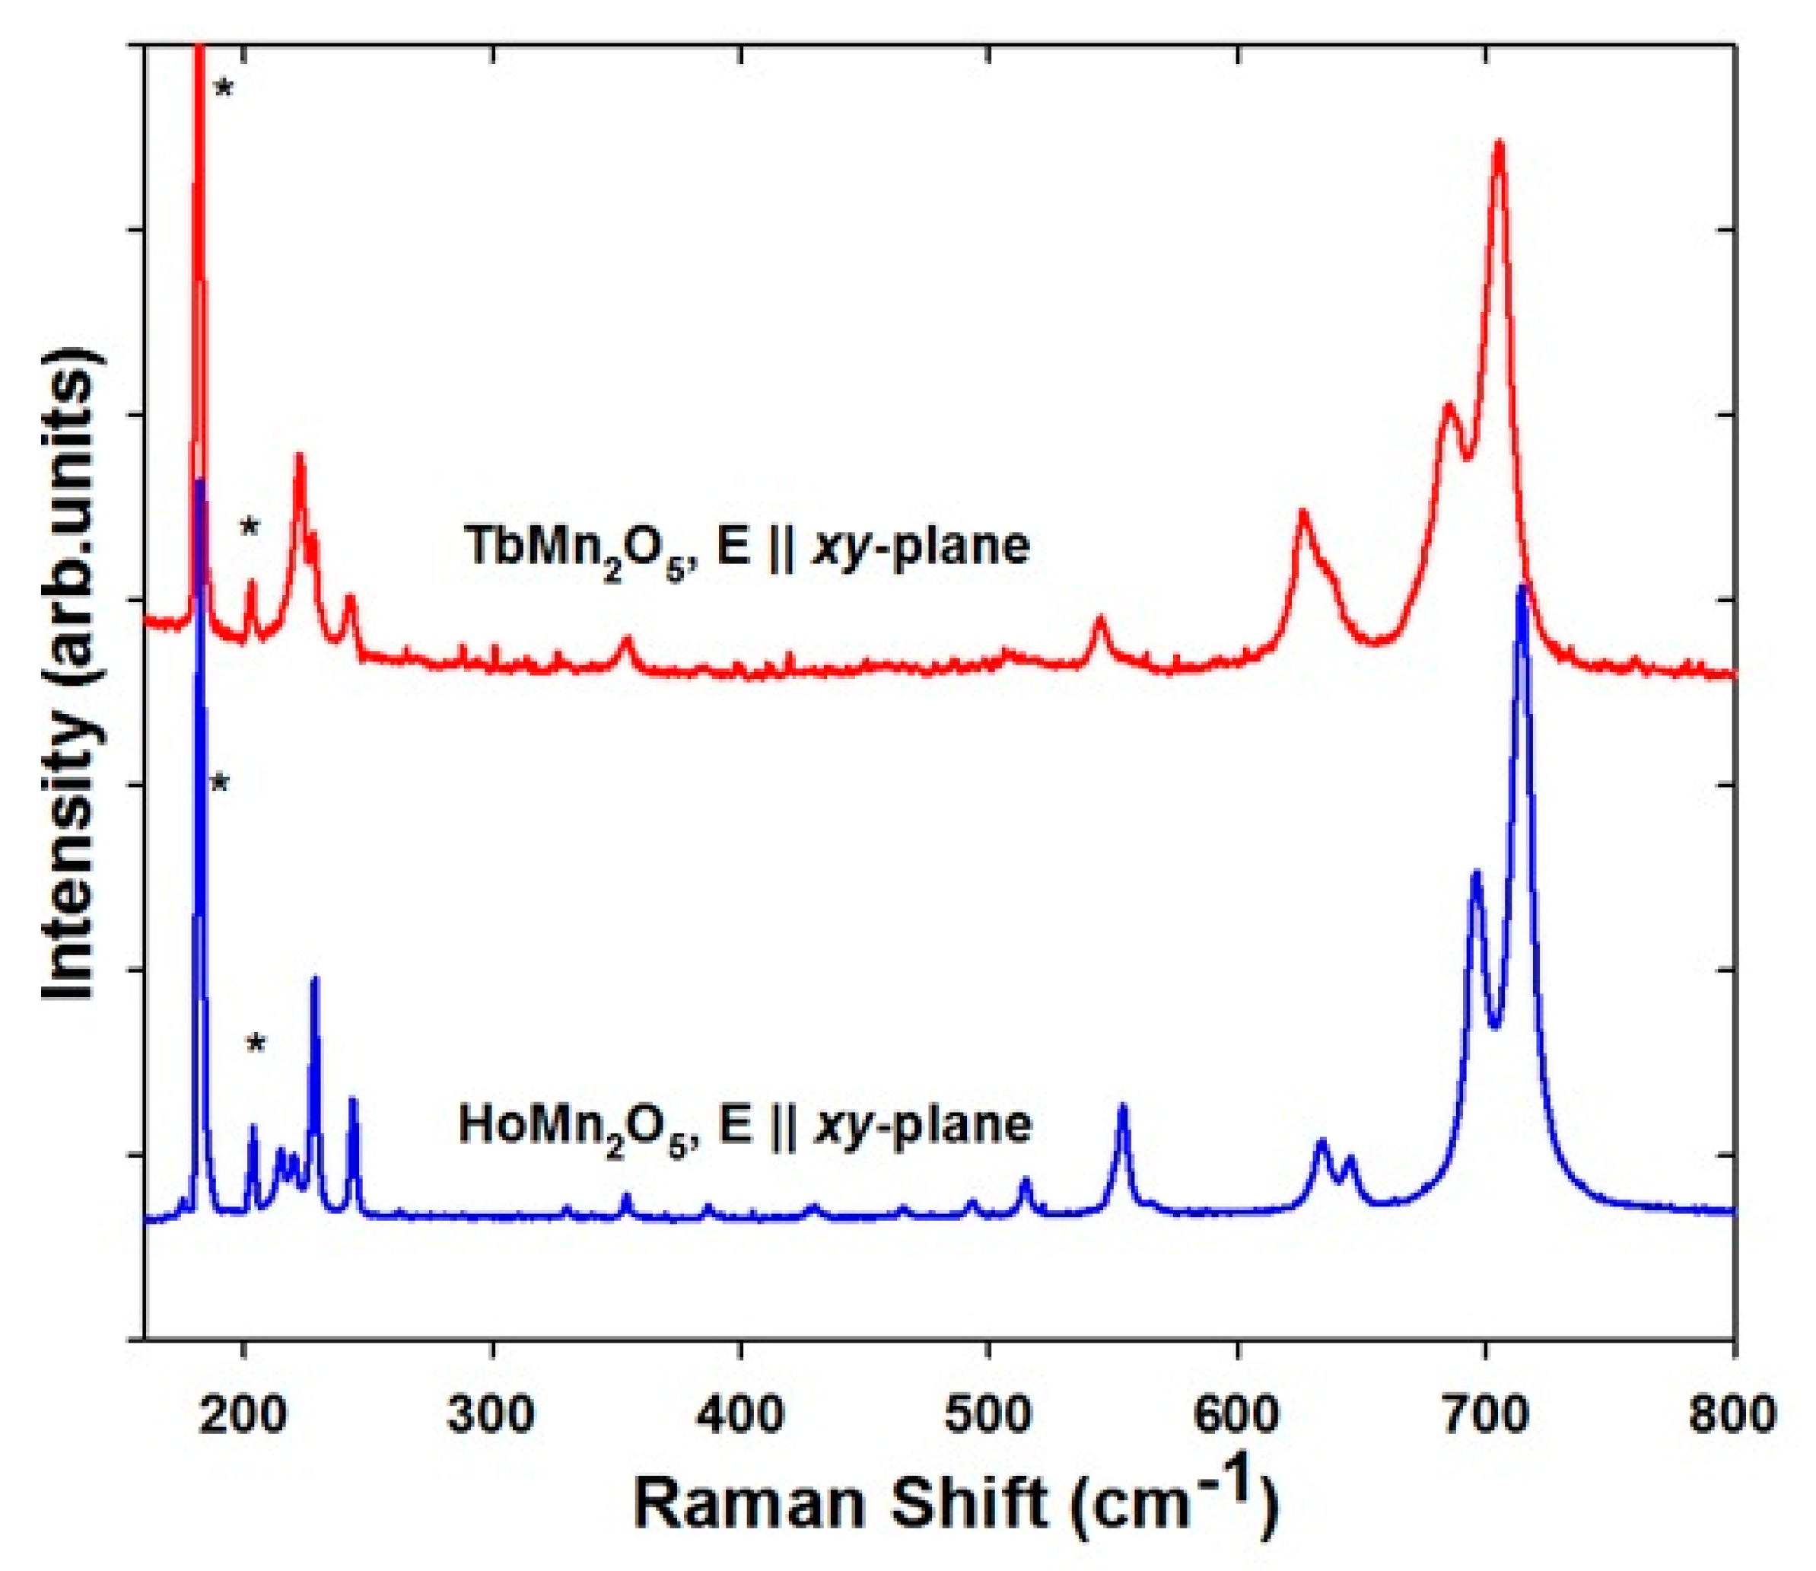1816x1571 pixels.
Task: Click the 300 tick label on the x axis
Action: tap(491, 1416)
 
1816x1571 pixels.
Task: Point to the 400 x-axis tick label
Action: tap(740, 1416)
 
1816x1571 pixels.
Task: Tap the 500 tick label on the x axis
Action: tap(990, 1416)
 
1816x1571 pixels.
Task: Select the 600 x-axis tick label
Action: tap(1238, 1416)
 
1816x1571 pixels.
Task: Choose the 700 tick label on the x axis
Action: tap(1487, 1416)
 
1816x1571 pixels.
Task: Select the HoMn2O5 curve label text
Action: tap(745, 1126)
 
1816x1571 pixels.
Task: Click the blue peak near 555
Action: tap(1123, 1107)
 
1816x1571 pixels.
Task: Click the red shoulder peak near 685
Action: tap(1448, 404)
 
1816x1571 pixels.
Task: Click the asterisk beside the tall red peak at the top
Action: tap(224, 88)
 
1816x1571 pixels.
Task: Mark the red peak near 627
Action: tap(1303, 511)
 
